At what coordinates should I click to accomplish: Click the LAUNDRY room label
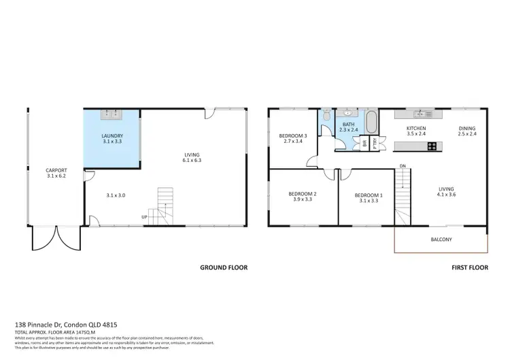tap(112, 136)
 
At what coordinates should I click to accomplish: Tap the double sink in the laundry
tap(112, 113)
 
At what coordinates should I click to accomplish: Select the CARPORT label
tap(56, 170)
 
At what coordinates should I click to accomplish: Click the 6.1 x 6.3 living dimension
tap(192, 161)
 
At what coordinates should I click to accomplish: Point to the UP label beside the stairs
tap(144, 217)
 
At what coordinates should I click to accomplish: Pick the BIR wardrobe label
tap(365, 143)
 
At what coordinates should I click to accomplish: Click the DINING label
tap(466, 128)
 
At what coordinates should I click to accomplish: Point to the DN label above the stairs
tap(403, 165)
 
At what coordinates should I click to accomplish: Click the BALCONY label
tap(441, 240)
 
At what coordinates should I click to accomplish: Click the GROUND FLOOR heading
tap(223, 267)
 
